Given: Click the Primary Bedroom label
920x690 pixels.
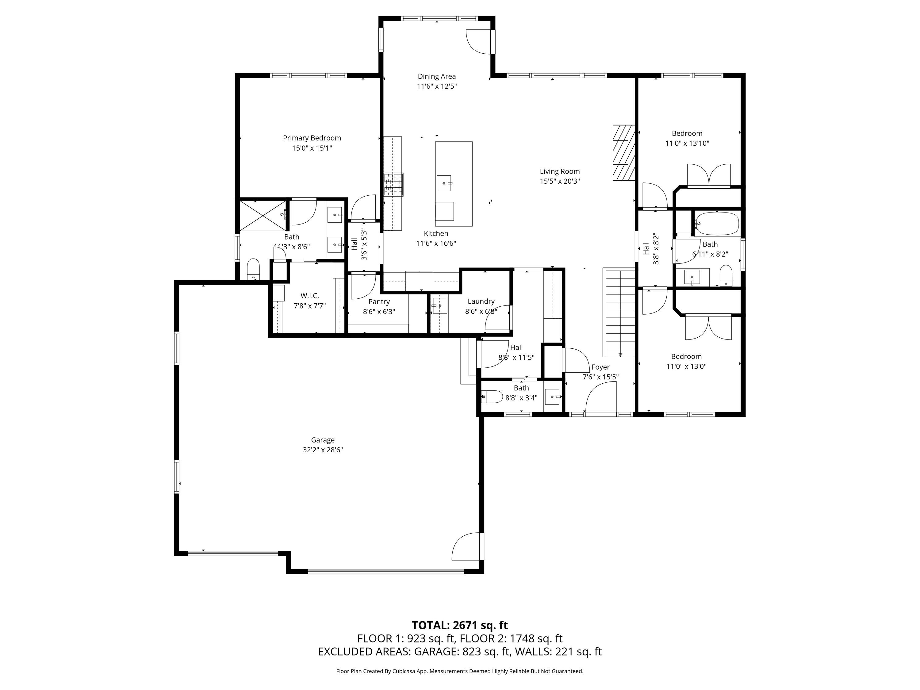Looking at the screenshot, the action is [312, 138].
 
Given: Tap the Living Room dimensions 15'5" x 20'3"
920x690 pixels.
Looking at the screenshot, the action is [560, 181].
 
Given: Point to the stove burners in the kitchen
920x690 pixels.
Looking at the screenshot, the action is [393, 184].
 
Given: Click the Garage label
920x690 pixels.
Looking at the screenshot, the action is [323, 440].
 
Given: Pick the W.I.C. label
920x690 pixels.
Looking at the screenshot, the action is [310, 296].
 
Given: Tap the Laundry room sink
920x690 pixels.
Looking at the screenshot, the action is [439, 306].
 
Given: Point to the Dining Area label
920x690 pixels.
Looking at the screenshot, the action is [437, 77].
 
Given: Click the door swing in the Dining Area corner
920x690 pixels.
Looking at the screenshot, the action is [478, 42].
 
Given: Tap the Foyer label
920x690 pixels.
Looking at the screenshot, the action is [600, 367].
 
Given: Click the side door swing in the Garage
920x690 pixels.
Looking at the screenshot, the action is [466, 546].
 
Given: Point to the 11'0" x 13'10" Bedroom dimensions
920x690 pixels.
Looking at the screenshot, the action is [687, 144].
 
